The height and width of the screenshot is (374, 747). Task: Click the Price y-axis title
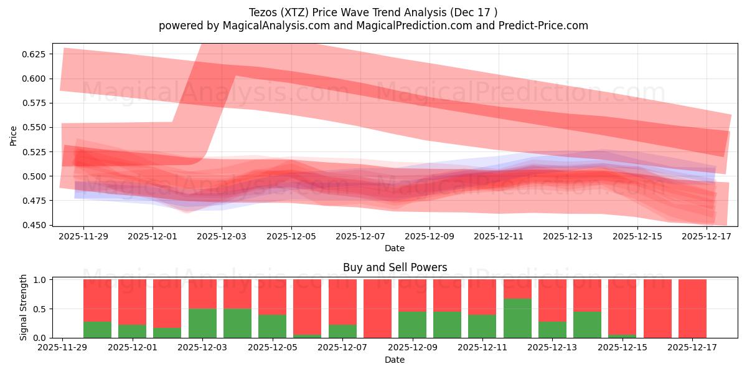14,135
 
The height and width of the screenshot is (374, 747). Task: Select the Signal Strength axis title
24,308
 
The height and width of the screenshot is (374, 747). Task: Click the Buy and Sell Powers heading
395,267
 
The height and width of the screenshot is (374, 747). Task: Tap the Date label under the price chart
395,248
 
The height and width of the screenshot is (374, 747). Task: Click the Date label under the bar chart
395,360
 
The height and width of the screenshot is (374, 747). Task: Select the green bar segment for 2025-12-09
412,324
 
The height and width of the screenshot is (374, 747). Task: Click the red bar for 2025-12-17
692,308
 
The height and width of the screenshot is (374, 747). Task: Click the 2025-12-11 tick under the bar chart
482,348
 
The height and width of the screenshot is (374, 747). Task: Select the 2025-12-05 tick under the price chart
291,236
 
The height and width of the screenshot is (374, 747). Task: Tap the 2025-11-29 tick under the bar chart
62,348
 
